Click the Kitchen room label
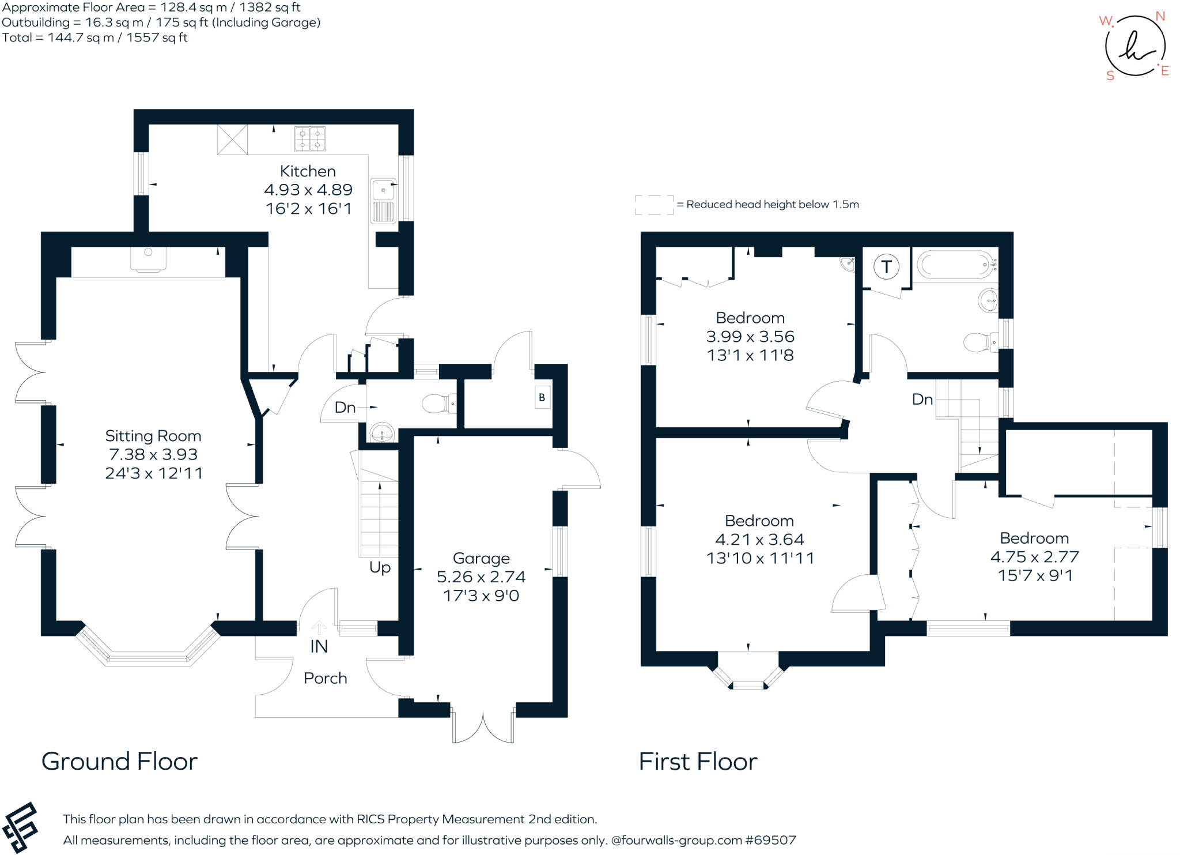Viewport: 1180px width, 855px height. pyautogui.click(x=308, y=171)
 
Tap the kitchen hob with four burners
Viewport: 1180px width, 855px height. pyautogui.click(x=310, y=139)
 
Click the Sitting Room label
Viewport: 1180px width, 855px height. pyautogui.click(x=153, y=436)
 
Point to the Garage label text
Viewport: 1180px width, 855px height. pyautogui.click(x=481, y=558)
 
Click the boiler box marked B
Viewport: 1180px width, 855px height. pyautogui.click(x=542, y=397)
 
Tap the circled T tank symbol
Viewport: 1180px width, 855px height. pyautogui.click(x=886, y=267)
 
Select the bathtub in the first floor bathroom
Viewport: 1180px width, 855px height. pyautogui.click(x=955, y=265)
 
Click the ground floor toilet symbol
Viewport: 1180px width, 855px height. pyautogui.click(x=440, y=403)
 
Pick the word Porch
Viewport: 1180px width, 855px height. pyautogui.click(x=325, y=678)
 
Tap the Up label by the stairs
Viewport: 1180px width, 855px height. pyautogui.click(x=380, y=567)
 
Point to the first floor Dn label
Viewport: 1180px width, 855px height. pyautogui.click(x=922, y=399)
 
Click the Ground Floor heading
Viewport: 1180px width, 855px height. pyautogui.click(x=119, y=762)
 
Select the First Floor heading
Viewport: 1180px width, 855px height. pyautogui.click(x=698, y=762)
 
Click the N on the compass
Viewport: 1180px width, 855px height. pyautogui.click(x=1160, y=16)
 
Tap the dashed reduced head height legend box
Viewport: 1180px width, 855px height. pyautogui.click(x=654, y=205)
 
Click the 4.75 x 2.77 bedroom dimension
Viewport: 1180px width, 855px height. pyautogui.click(x=1034, y=557)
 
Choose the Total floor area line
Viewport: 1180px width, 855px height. pyautogui.click(x=95, y=37)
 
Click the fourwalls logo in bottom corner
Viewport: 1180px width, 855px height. pyautogui.click(x=21, y=827)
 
